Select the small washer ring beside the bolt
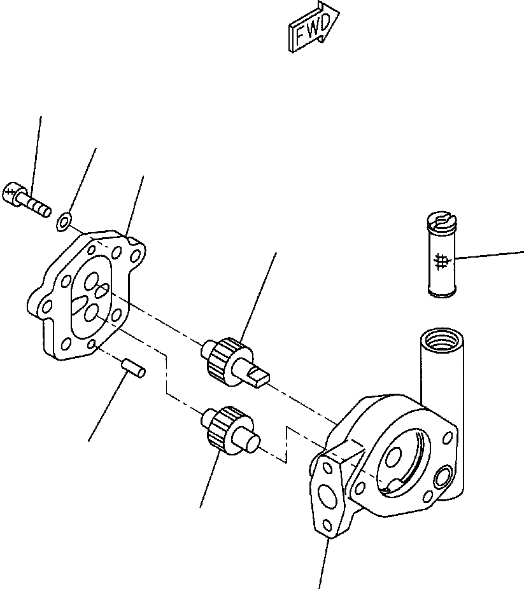64,222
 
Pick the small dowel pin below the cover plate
133,368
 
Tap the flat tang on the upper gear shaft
260,376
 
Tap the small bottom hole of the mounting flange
327,525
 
